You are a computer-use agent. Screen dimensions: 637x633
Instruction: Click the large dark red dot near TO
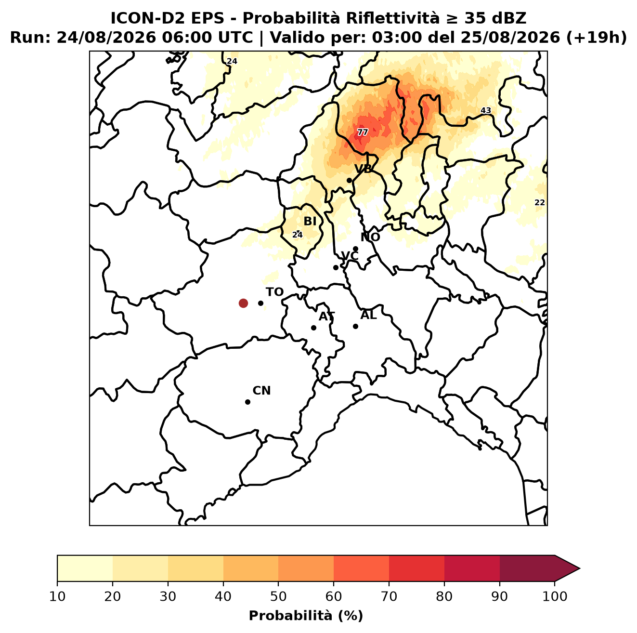[243, 303]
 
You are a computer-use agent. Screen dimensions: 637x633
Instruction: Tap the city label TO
[275, 292]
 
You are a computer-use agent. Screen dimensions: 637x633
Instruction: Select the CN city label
[261, 391]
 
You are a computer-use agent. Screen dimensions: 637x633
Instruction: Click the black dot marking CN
[247, 402]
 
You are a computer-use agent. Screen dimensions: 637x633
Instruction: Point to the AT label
[326, 316]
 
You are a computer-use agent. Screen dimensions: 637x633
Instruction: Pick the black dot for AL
[355, 326]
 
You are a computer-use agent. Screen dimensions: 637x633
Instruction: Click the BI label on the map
[310, 222]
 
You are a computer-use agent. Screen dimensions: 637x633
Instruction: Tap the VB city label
[363, 169]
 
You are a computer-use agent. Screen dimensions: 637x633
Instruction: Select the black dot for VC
[336, 267]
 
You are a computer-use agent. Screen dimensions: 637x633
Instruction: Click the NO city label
[370, 237]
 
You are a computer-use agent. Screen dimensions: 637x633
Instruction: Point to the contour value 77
[362, 132]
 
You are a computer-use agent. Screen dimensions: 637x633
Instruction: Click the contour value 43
[486, 110]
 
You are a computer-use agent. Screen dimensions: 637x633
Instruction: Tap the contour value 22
[539, 202]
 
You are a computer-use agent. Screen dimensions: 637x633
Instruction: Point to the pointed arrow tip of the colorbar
[580, 569]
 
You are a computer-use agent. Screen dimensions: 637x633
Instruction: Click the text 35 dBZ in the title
[495, 18]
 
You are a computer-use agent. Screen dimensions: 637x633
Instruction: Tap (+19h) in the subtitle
[597, 38]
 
